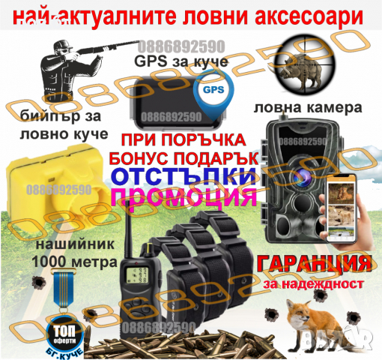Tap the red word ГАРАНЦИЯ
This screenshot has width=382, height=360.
pyautogui.click(x=314, y=265)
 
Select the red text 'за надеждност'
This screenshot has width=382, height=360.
pyautogui.click(x=314, y=285)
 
